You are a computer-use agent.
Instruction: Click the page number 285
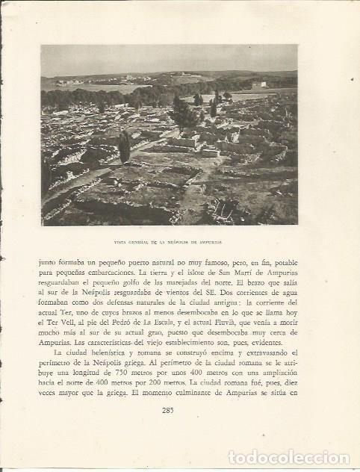[x=168, y=409]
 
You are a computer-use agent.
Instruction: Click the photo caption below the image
[x=168, y=243]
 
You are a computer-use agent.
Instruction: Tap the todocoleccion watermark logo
[x=288, y=456]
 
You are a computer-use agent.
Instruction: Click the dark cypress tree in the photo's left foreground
[x=125, y=147]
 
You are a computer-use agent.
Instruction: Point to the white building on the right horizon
[x=259, y=85]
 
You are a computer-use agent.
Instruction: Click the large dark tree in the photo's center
[x=182, y=112]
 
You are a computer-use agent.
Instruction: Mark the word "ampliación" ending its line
[x=273, y=372]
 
